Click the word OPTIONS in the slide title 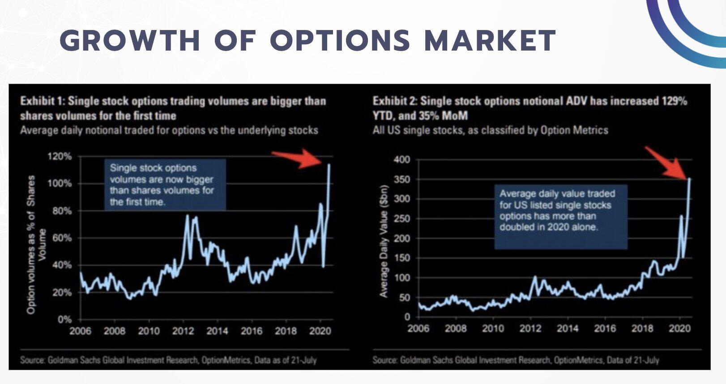[340, 40]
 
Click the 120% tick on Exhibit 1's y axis [60, 156]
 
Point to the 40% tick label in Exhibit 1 [62, 265]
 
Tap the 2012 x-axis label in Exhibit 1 [183, 331]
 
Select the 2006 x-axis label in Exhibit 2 [418, 329]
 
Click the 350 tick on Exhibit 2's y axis [401, 179]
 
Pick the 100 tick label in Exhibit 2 [401, 277]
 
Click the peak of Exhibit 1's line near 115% [329, 165]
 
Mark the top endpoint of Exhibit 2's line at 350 [689, 179]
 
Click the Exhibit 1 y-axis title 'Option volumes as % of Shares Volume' [36, 244]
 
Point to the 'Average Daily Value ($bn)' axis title [383, 242]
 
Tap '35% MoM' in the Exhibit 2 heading [443, 116]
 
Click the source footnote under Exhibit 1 [168, 360]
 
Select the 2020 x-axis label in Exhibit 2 [679, 329]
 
